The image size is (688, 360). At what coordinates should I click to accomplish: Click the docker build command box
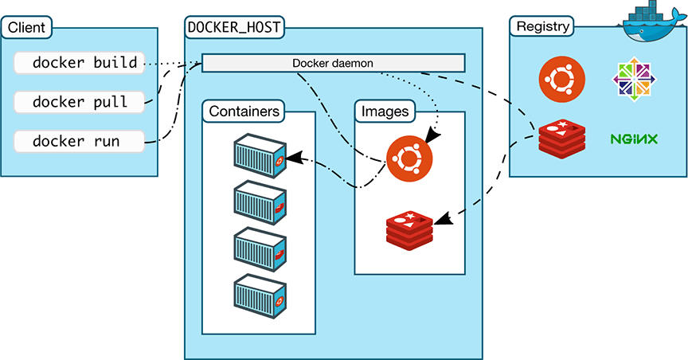tap(80, 62)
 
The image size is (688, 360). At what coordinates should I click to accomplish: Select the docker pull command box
tap(80, 101)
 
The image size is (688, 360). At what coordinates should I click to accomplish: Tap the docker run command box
tap(80, 141)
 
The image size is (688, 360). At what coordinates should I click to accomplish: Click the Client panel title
tap(25, 29)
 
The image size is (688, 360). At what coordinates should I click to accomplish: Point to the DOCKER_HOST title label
tap(234, 28)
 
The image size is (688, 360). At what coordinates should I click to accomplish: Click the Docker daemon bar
tap(333, 63)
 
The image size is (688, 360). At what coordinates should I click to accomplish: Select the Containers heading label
tap(244, 112)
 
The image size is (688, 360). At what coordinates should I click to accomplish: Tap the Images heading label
tap(385, 112)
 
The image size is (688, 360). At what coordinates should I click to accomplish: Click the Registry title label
tap(543, 27)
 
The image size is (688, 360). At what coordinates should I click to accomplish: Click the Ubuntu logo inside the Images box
tap(409, 158)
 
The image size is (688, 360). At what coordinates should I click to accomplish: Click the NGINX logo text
tap(634, 139)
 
